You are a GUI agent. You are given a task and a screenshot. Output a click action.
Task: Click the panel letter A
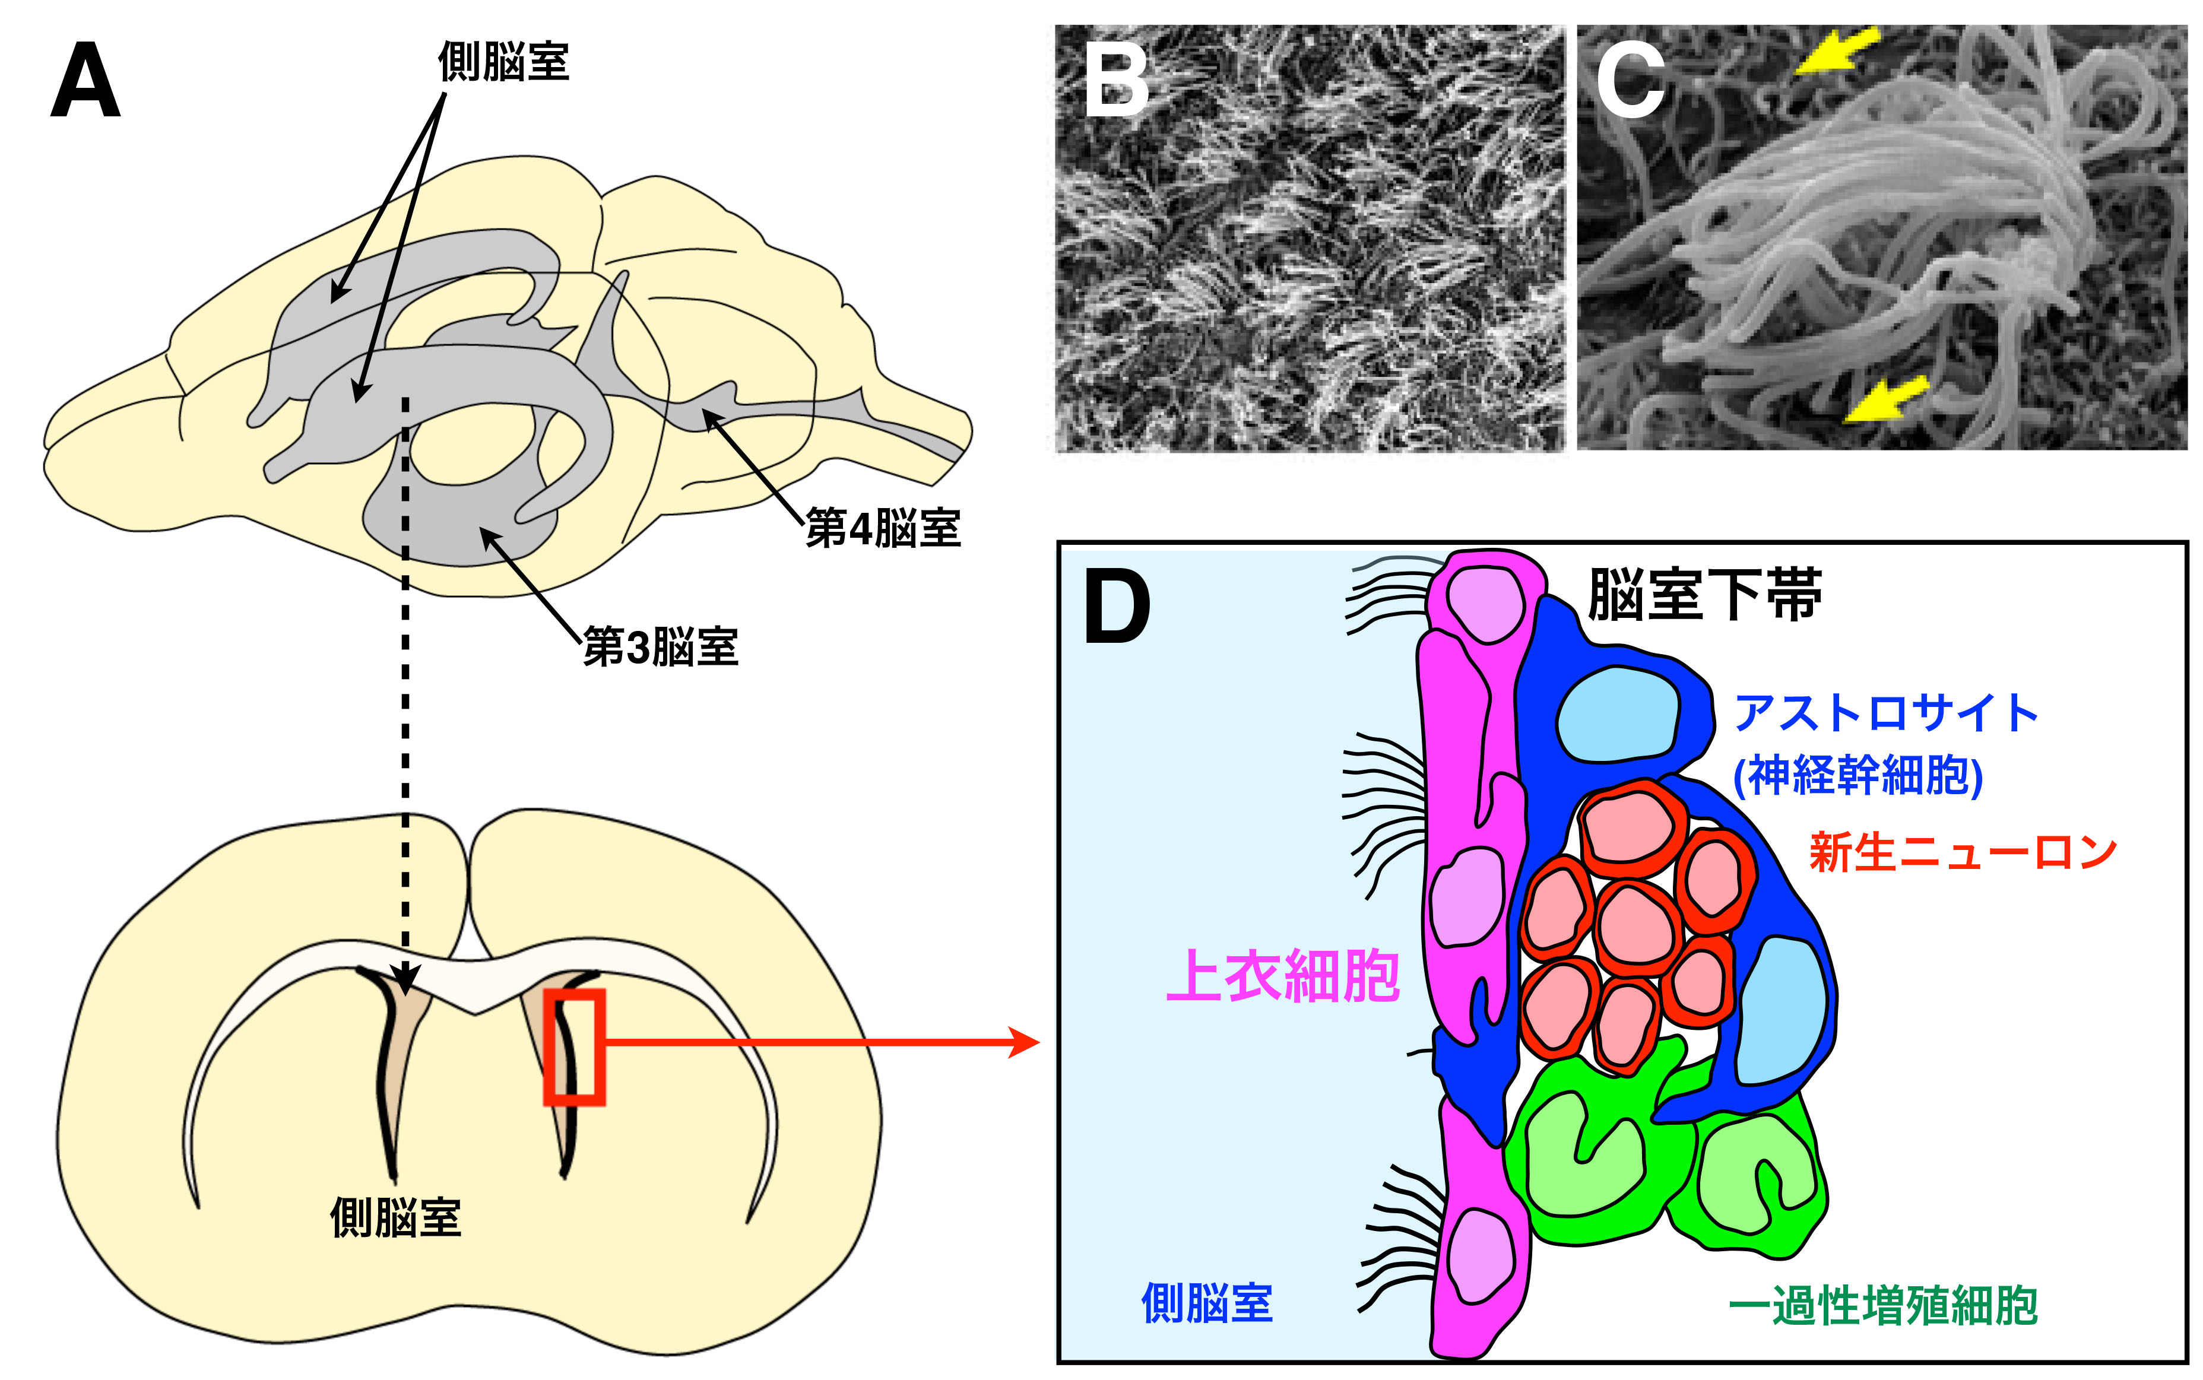pyautogui.click(x=85, y=81)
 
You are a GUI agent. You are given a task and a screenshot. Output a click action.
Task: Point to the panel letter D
pyautogui.click(x=1116, y=607)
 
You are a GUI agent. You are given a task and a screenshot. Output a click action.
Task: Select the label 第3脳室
pyautogui.click(x=660, y=647)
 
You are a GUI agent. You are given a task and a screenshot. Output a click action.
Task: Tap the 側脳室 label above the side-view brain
pyautogui.click(x=504, y=62)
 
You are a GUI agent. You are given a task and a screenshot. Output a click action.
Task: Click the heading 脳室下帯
pyautogui.click(x=1705, y=595)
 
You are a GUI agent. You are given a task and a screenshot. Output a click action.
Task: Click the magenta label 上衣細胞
pyautogui.click(x=1283, y=976)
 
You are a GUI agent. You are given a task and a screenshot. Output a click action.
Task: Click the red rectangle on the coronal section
pyautogui.click(x=574, y=1047)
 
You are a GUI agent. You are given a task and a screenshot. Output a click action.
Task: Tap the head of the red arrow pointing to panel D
pyautogui.click(x=1026, y=1042)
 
